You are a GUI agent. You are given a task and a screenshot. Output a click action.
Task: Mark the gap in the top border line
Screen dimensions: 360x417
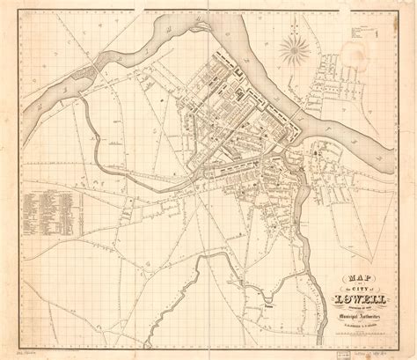[208, 8]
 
